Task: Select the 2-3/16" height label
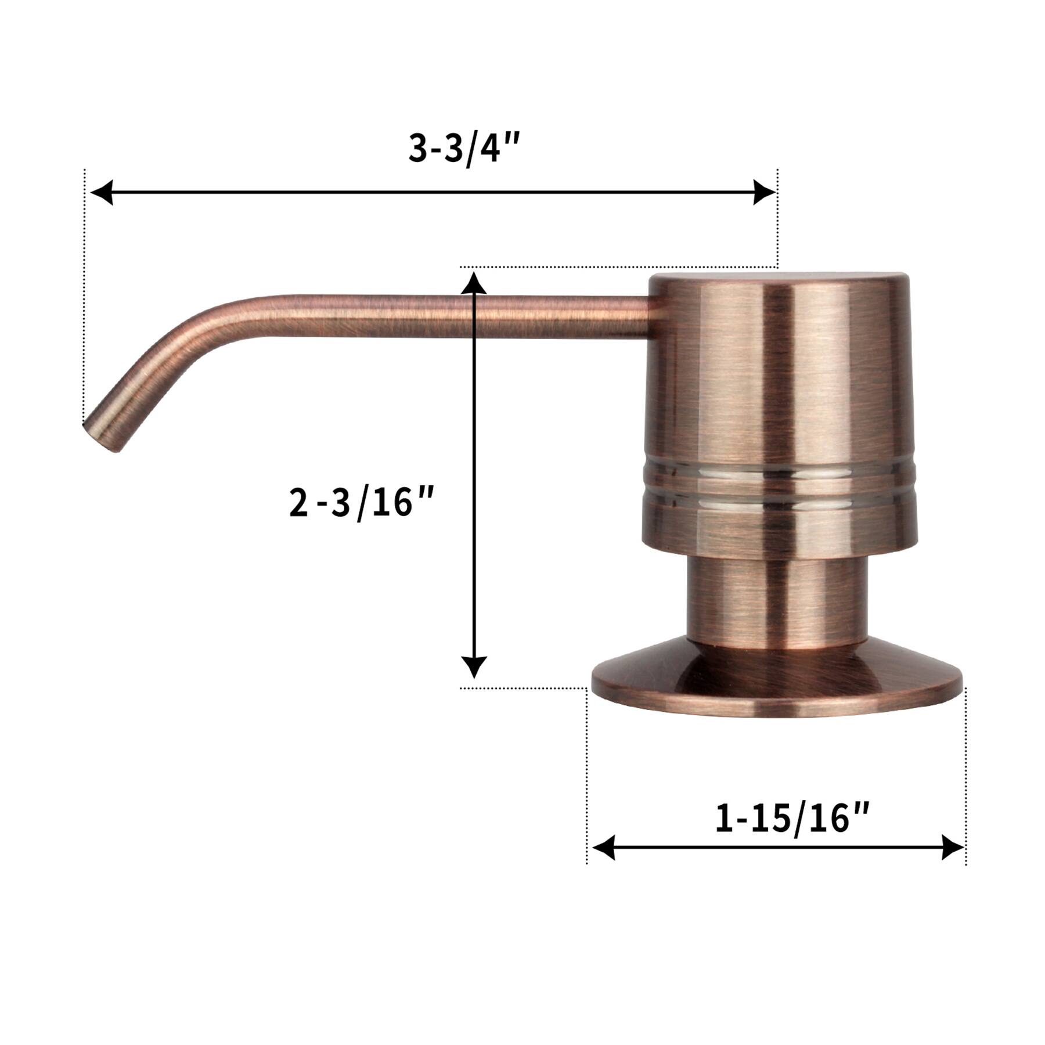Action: [x=361, y=503]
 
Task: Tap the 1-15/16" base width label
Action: [x=792, y=819]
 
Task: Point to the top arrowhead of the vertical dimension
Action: [x=474, y=283]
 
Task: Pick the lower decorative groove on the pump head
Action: [x=778, y=497]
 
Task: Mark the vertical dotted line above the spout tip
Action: [x=85, y=290]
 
